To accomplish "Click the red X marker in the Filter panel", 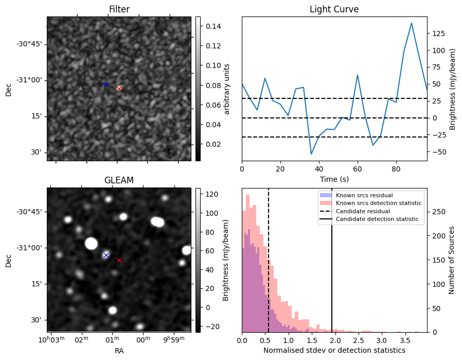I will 119,89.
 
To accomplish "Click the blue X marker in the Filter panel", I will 106,84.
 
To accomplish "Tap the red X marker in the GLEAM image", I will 119,260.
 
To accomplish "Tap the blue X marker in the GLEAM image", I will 106,255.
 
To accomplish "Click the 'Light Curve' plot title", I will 334,9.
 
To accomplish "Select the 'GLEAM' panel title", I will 119,180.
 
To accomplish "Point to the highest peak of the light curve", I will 412,23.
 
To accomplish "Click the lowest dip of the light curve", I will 311,154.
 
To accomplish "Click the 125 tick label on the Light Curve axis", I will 438,33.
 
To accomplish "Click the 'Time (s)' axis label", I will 334,178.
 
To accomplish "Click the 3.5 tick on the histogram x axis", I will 405,340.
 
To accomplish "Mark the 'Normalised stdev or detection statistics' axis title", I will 334,350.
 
